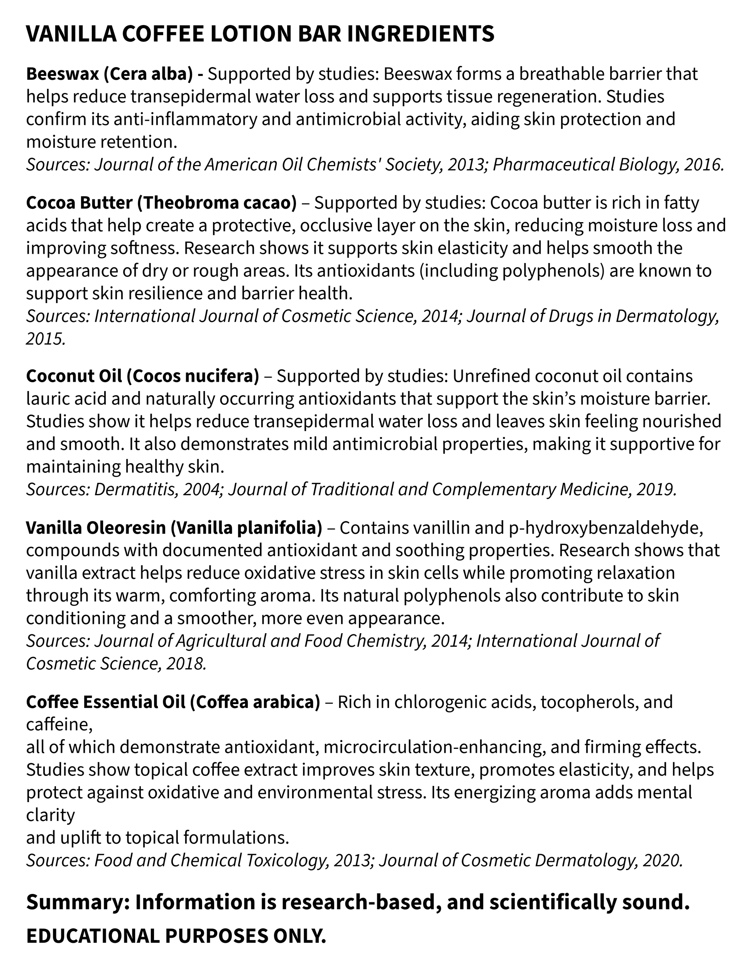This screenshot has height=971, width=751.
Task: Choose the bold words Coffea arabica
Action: coord(255,702)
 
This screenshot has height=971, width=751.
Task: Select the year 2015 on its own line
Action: coord(44,339)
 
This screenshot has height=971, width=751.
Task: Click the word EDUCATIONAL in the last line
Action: coord(92,936)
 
